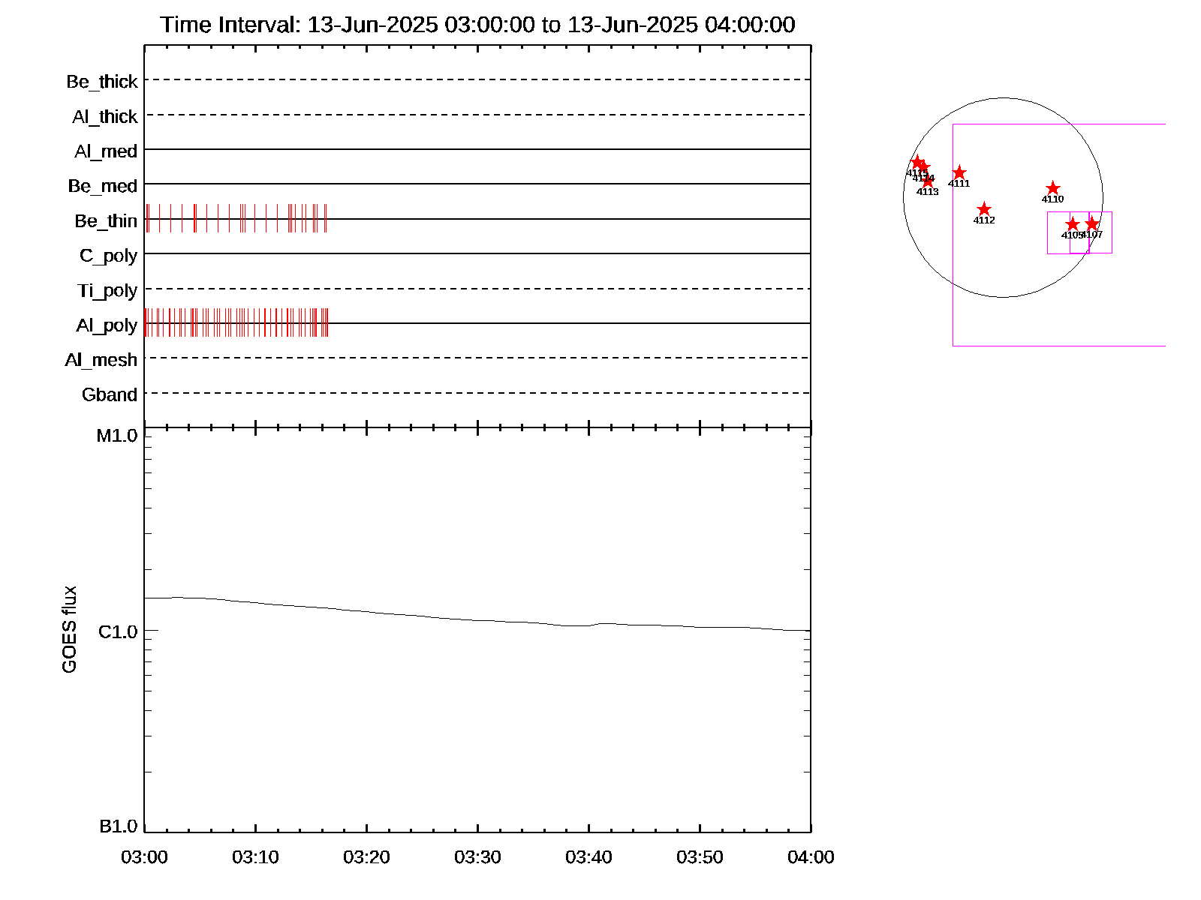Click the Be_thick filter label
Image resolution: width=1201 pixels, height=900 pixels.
coord(102,81)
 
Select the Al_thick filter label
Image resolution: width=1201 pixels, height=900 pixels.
coord(105,116)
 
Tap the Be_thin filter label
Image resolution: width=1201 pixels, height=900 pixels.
coord(106,220)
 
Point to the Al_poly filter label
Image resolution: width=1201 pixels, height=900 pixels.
coord(107,325)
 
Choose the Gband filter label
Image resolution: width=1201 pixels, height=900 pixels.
coord(110,394)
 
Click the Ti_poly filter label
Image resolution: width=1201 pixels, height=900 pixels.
coord(107,290)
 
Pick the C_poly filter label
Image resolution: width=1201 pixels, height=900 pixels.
coord(108,256)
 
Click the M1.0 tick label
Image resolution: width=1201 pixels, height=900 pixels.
coord(117,436)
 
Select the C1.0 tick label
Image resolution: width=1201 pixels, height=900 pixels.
coord(118,631)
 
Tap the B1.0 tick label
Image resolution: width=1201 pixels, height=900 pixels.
coord(118,826)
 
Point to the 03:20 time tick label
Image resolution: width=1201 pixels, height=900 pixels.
coord(366,857)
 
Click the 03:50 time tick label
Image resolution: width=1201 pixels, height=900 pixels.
coord(700,857)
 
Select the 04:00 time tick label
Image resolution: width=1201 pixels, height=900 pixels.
coord(811,857)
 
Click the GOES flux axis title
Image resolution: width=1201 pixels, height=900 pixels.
coord(69,629)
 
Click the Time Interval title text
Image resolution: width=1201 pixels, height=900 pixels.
coord(477,25)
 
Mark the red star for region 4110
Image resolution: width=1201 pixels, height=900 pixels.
coord(1053,188)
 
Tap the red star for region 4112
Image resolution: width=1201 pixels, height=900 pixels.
coord(984,209)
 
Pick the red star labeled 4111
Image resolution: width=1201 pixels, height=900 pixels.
coord(959,173)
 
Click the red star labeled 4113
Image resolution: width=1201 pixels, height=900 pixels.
coord(928,181)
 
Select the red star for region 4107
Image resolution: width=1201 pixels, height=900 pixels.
coord(1092,223)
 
